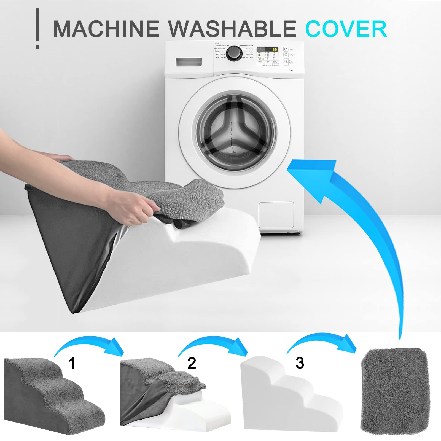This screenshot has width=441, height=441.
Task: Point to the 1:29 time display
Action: pos(273,49)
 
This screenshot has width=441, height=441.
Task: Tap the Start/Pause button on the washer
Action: pos(286,62)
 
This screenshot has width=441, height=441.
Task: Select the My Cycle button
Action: pos(286,55)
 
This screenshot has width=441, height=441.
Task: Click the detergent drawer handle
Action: pos(189,62)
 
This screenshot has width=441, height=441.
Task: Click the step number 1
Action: pos(72,363)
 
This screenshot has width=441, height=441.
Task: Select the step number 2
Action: pos(192,363)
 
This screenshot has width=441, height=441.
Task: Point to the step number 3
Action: pos(300,363)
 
